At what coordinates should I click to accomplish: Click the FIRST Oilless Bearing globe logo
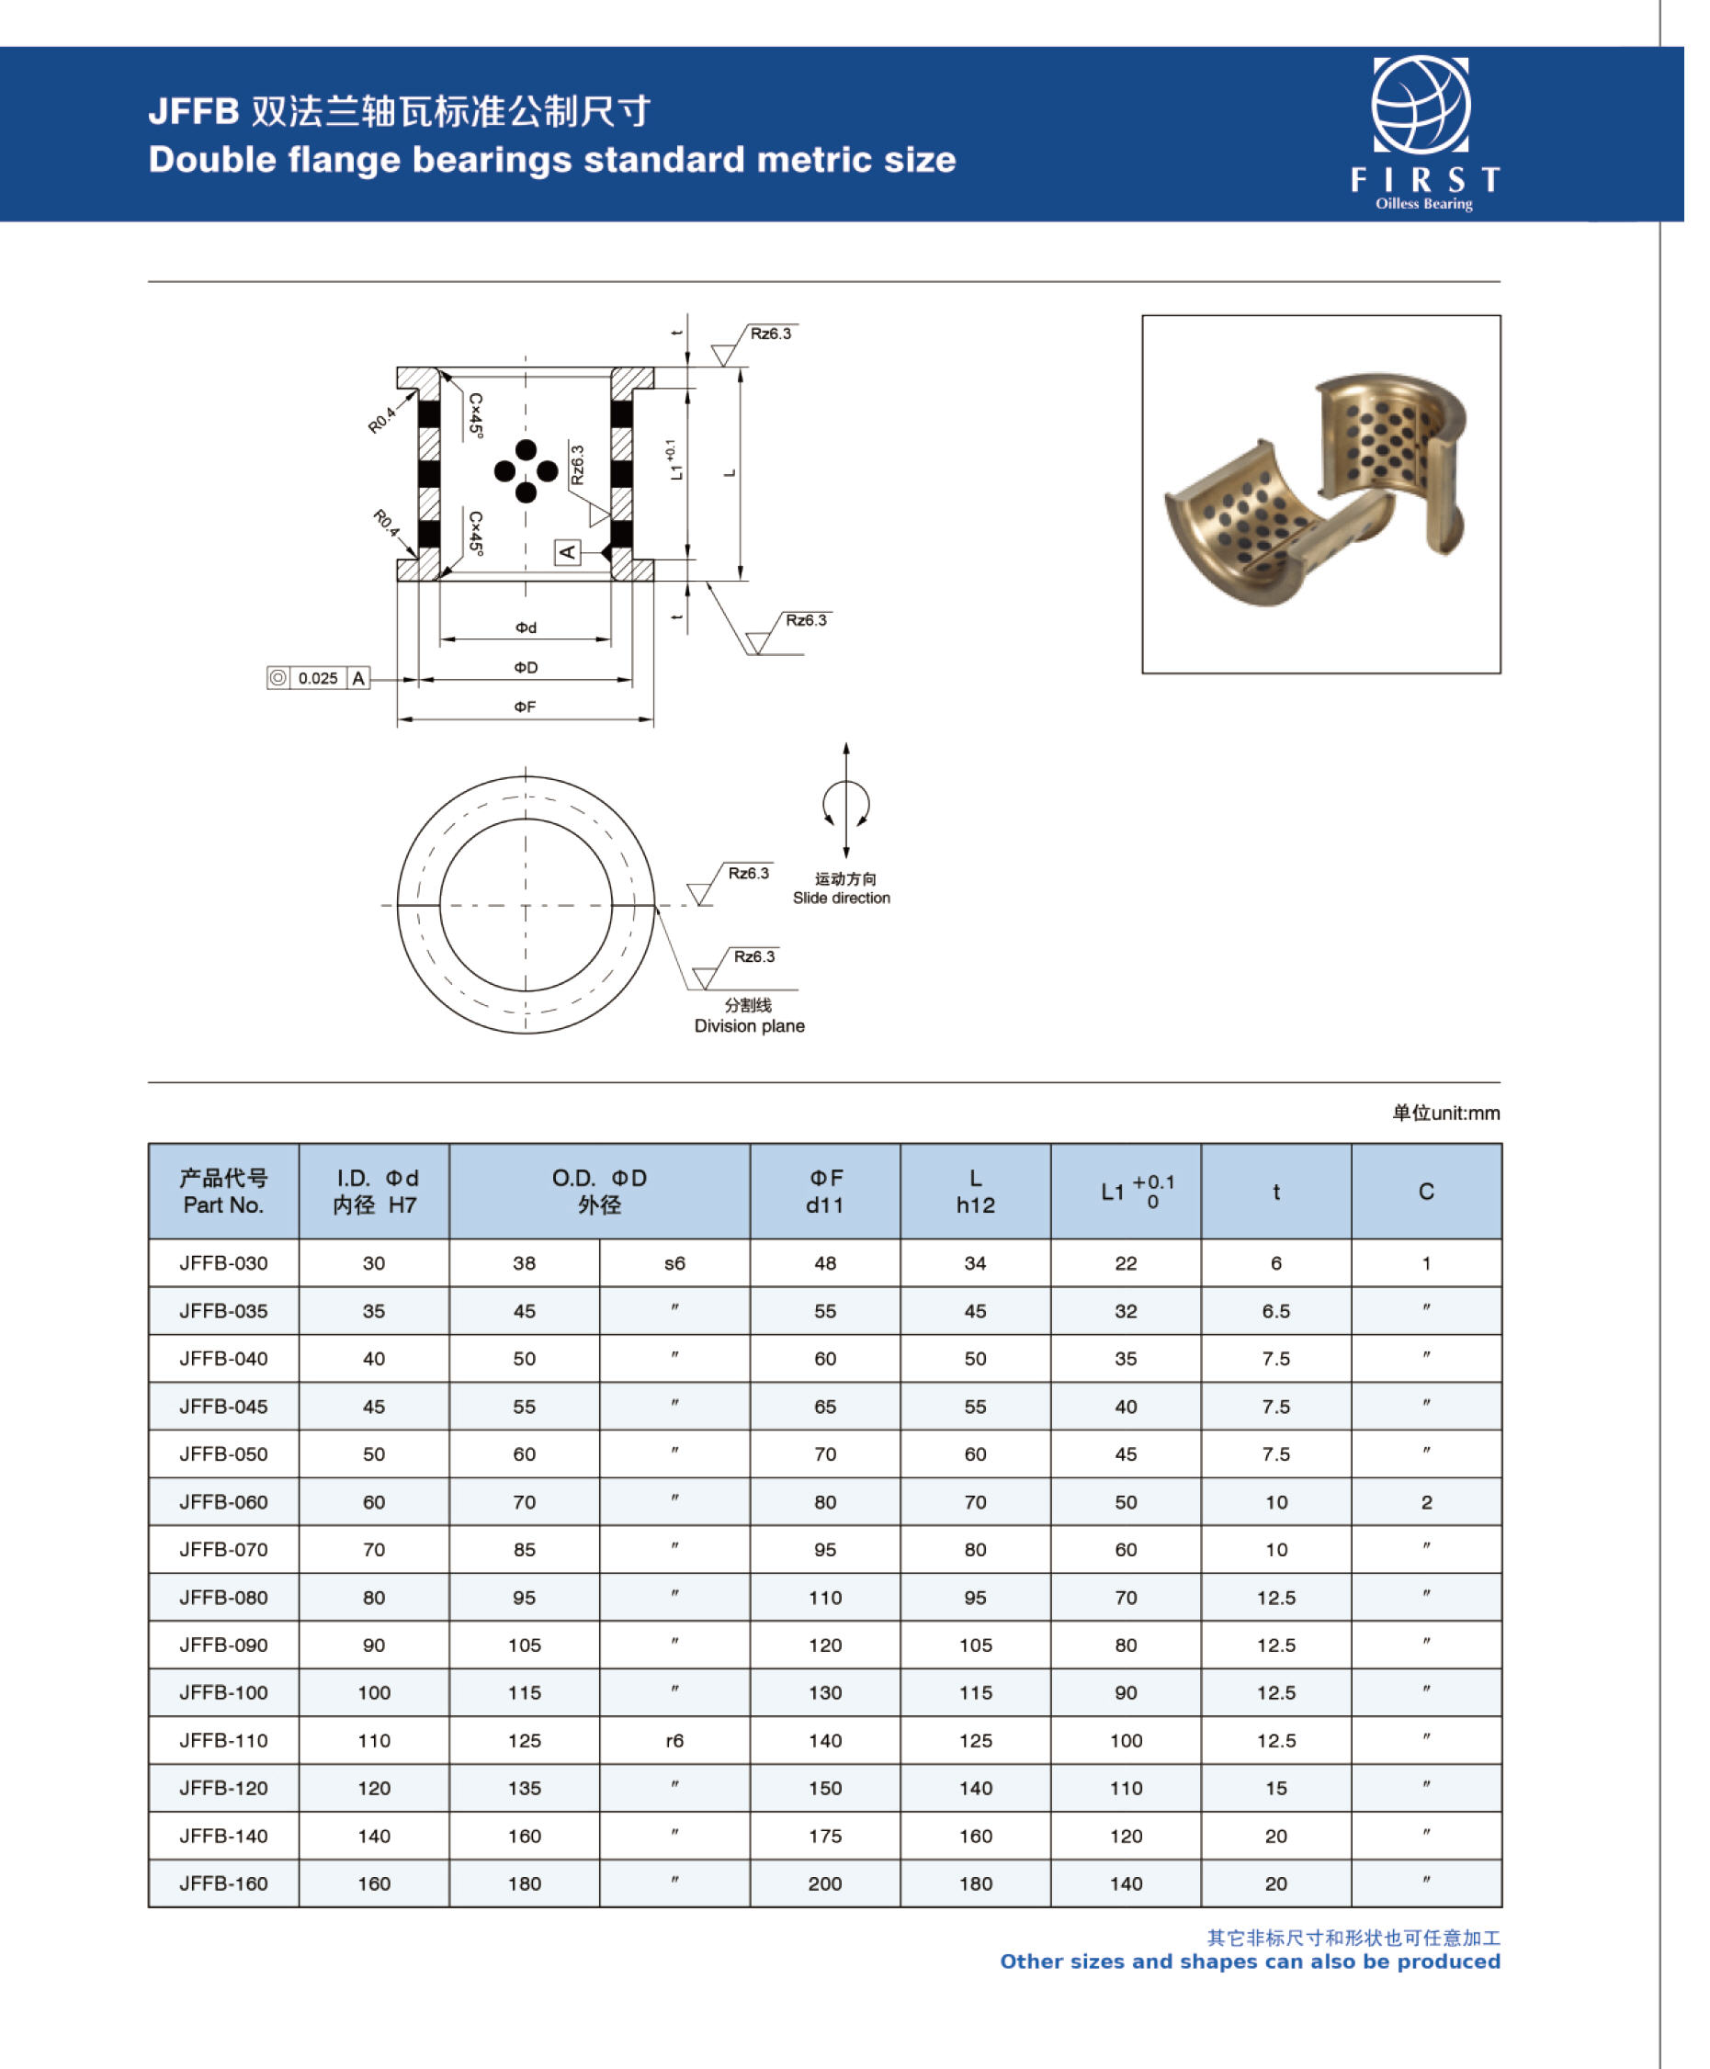coord(1421,106)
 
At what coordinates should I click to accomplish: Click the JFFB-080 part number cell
coord(223,1598)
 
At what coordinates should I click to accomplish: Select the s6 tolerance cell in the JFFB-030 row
coord(674,1263)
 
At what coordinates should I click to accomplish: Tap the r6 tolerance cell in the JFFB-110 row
coord(674,1740)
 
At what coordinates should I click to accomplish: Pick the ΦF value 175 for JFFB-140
coord(825,1836)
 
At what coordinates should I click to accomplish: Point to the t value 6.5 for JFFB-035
coord(1275,1312)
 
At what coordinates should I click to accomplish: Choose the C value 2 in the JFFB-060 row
coord(1426,1502)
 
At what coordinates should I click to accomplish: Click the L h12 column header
coord(975,1192)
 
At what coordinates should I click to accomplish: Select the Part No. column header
coord(223,1192)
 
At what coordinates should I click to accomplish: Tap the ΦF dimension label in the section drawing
coord(525,707)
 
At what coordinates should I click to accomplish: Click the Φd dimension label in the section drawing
coord(526,627)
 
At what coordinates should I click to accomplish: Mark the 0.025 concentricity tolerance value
coord(317,679)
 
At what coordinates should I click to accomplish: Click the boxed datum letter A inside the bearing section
coord(567,551)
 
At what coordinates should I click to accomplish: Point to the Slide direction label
coord(841,899)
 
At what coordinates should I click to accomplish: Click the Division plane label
coord(750,1026)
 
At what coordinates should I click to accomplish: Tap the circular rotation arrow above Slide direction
coord(846,804)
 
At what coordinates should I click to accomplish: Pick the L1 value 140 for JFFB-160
coord(1126,1883)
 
